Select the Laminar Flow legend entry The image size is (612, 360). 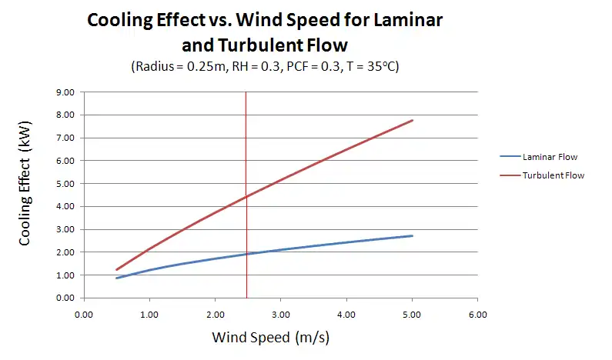tap(550, 157)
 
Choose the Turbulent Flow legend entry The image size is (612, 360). tap(553, 175)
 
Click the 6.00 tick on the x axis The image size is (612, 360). tap(478, 314)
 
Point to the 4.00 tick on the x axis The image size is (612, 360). tap(346, 314)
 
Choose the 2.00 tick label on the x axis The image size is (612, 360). tap(215, 314)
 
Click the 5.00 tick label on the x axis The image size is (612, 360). tap(412, 314)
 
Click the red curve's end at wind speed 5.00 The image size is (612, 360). tap(413, 120)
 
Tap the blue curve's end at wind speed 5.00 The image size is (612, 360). tap(413, 235)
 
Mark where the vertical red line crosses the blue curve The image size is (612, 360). tap(246, 254)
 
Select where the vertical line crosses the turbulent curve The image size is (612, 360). tap(246, 197)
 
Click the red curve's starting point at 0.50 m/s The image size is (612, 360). tap(116, 270)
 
